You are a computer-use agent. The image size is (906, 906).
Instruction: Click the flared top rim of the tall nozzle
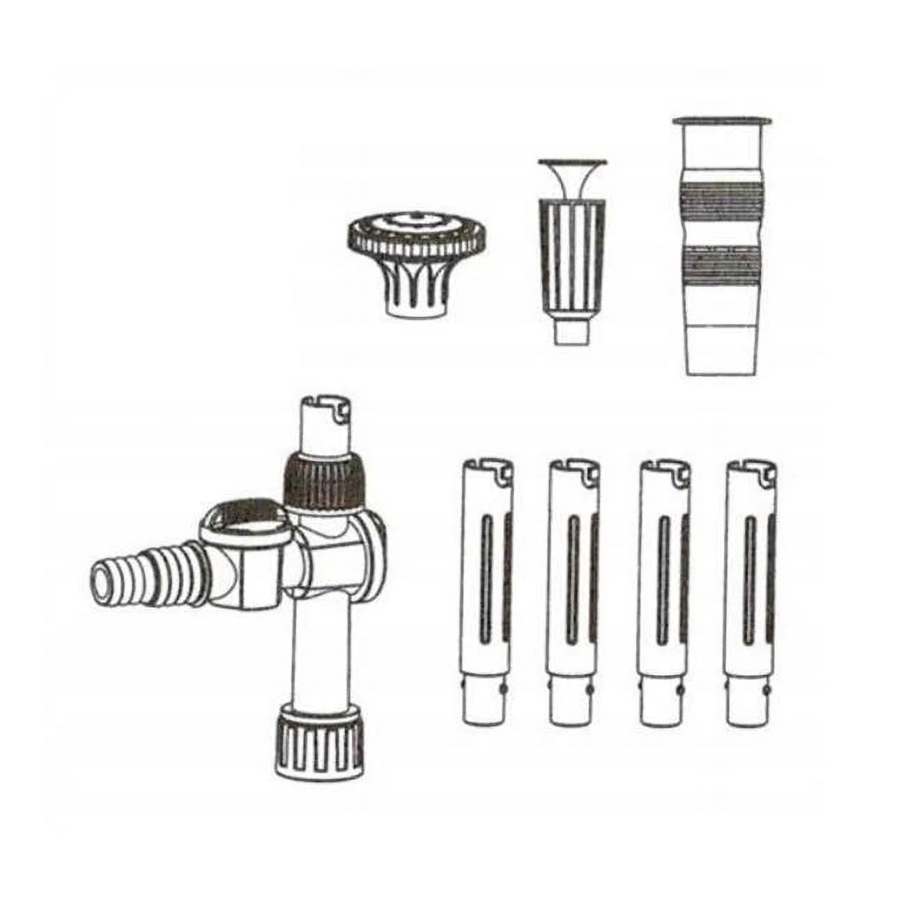coord(721,123)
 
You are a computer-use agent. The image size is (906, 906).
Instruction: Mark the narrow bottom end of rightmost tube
coord(750,704)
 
